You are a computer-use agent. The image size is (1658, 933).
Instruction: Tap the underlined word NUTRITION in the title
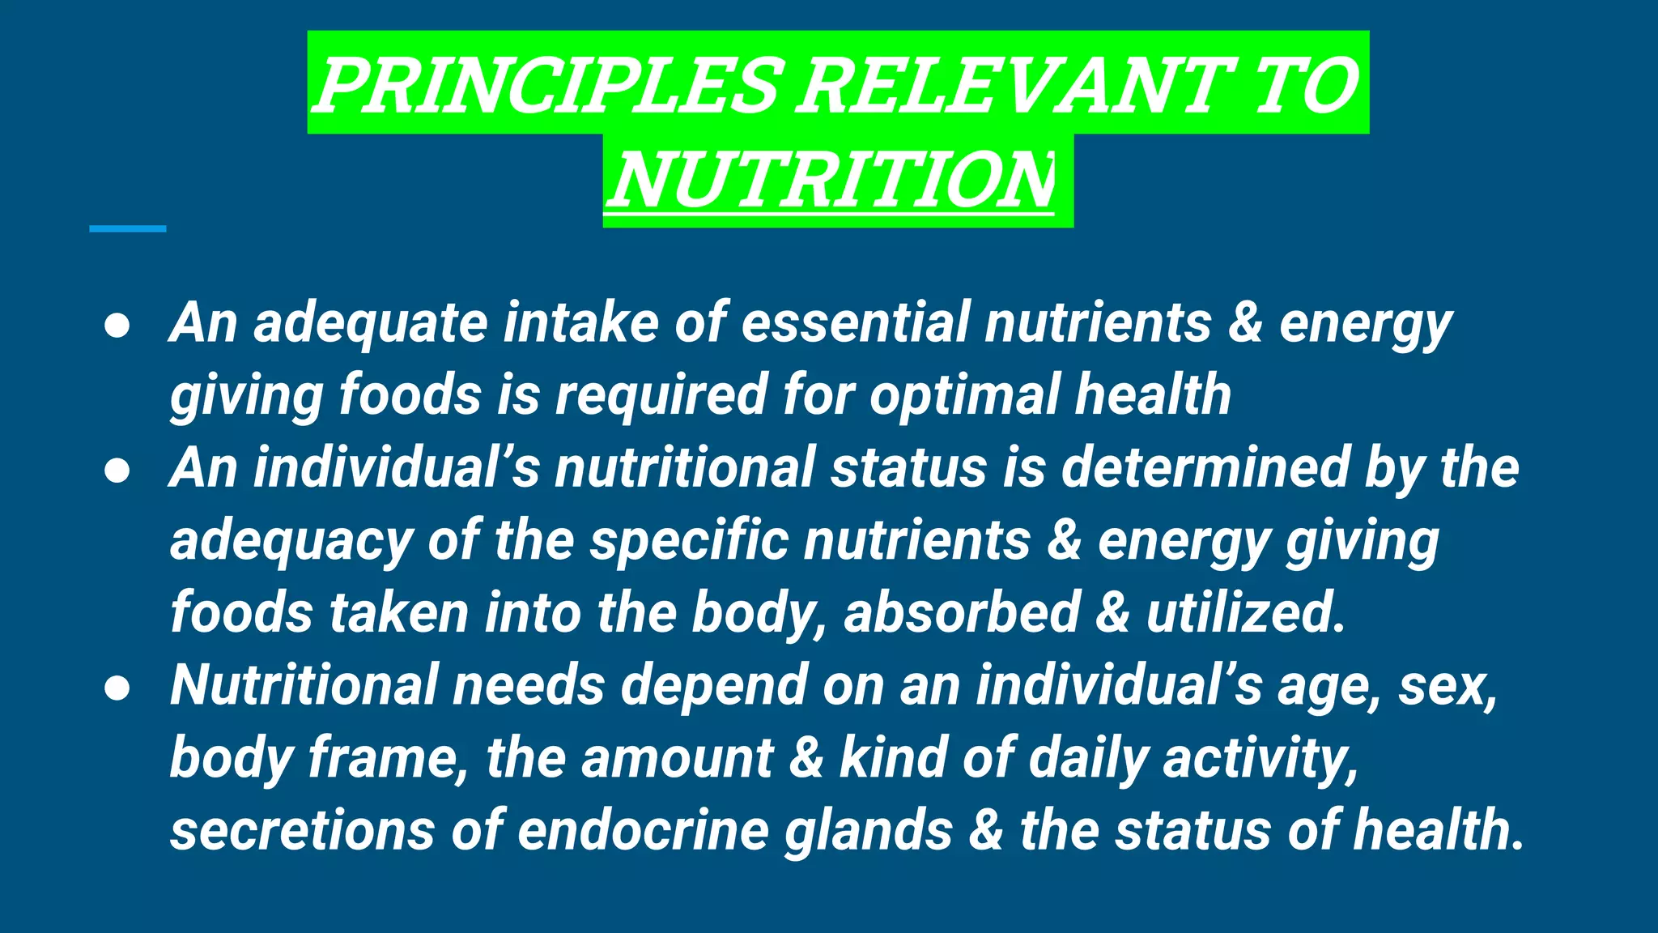[x=831, y=180]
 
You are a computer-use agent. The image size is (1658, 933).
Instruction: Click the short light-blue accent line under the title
[x=128, y=229]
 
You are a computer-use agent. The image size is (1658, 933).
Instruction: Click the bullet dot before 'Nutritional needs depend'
[x=117, y=688]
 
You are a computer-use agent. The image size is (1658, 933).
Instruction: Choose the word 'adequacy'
[x=291, y=541]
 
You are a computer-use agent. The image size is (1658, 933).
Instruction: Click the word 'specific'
[x=688, y=541]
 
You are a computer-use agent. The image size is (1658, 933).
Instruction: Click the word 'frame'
[x=389, y=758]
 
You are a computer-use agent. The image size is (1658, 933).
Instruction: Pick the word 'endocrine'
[x=643, y=831]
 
